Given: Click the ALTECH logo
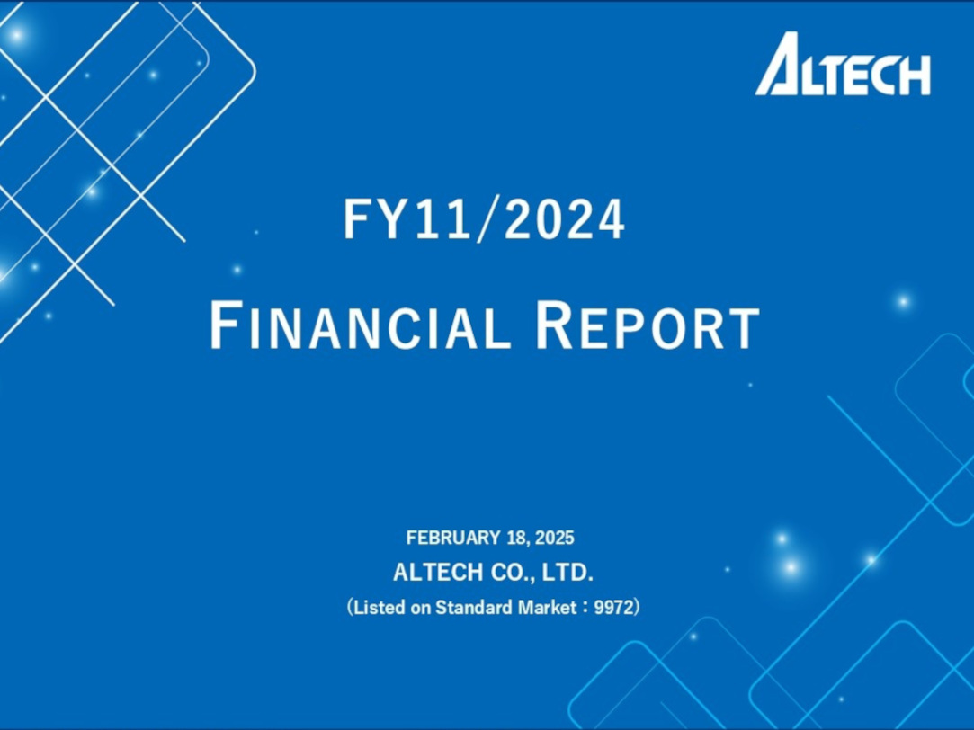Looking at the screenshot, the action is [x=843, y=64].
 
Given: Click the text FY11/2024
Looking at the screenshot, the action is [x=485, y=219].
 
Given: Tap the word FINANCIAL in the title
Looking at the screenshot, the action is [x=361, y=325].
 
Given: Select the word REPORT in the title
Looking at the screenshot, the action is [x=648, y=325].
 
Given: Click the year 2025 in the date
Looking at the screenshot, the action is [x=555, y=538].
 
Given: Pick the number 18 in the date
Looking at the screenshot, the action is [x=517, y=538].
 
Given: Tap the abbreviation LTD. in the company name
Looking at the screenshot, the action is [x=567, y=573].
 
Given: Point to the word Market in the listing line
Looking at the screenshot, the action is [x=547, y=607].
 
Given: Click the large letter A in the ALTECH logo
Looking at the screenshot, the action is [x=776, y=64].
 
